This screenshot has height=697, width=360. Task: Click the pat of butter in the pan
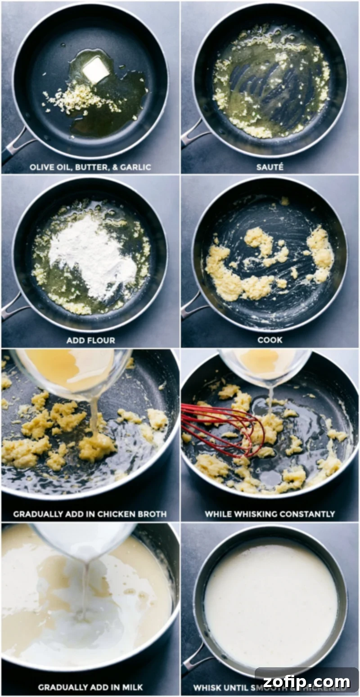point(95,70)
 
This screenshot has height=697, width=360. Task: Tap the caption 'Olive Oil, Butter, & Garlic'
point(90,167)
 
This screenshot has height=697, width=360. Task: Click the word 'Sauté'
point(270,167)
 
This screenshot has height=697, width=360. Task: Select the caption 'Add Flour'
point(90,340)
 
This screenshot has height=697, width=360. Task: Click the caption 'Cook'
point(270,340)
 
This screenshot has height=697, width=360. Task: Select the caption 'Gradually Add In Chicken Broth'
point(90,514)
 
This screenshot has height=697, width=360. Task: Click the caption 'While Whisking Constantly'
point(270,514)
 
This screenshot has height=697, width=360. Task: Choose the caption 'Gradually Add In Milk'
point(90,687)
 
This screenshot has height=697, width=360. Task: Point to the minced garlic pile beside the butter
point(81,99)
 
